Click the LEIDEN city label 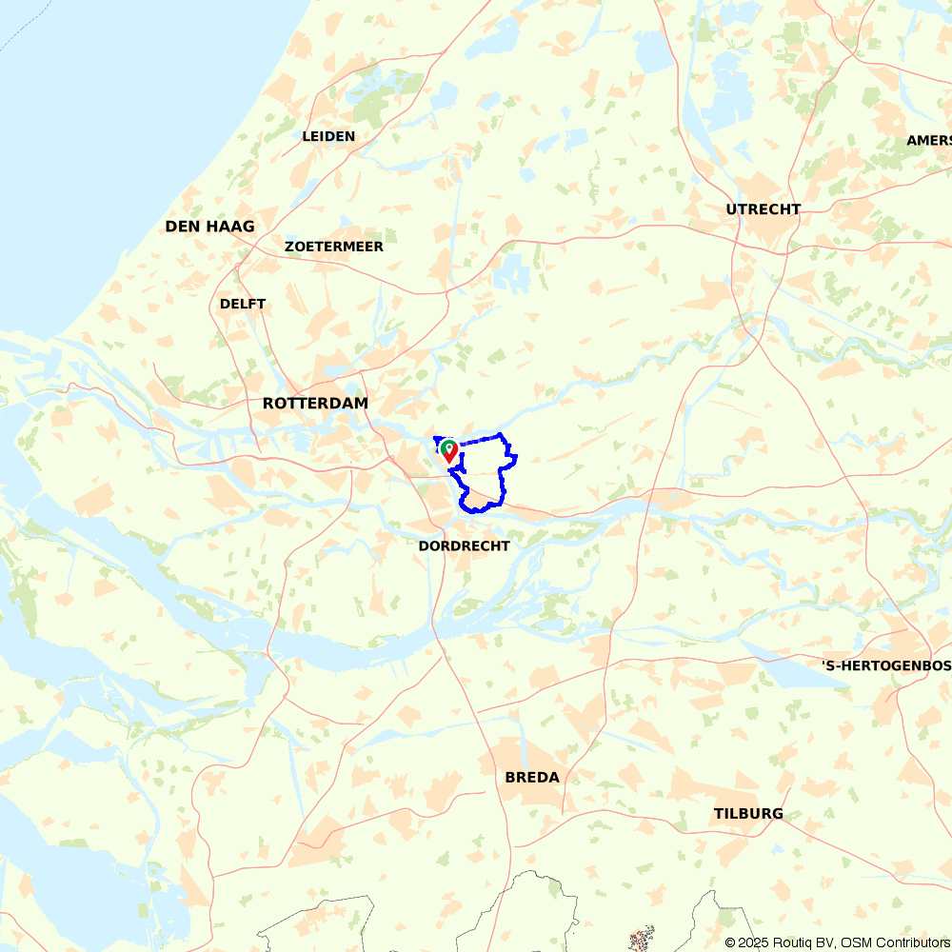tap(328, 136)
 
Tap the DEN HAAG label tap(209, 227)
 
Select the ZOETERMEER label tap(333, 247)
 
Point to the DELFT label tap(243, 304)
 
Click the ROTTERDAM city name tap(315, 404)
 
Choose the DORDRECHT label tap(464, 545)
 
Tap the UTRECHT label tap(763, 209)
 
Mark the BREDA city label tap(532, 778)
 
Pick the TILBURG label tap(748, 814)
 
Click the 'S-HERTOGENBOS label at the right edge tap(886, 664)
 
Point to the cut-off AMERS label tap(928, 141)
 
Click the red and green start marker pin tap(448, 450)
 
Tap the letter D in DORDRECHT tap(424, 545)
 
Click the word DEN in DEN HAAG tap(181, 227)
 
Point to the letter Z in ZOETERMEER tap(288, 247)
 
